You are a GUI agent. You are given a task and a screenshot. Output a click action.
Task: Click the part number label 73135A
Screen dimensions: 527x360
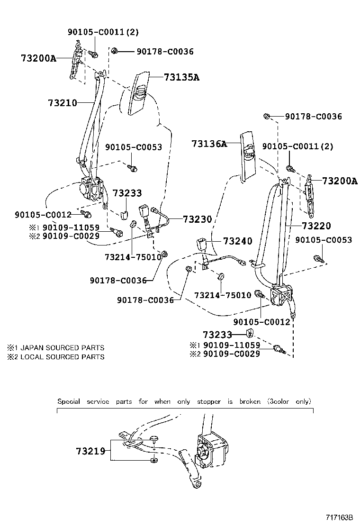tap(181, 77)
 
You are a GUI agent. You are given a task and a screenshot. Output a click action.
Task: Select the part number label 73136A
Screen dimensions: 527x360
tap(209, 143)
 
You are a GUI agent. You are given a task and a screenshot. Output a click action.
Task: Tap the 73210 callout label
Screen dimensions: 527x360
tap(62, 102)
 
